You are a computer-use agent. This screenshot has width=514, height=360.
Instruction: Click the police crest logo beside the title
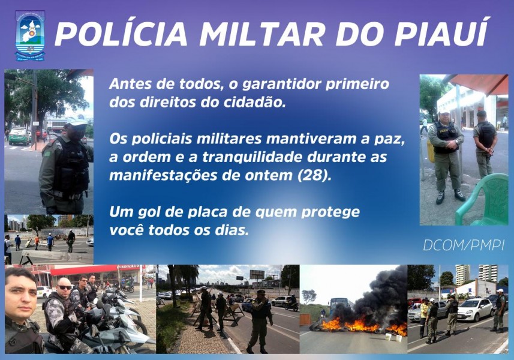coord(30,36)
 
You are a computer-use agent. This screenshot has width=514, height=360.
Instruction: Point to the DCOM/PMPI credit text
coord(464,245)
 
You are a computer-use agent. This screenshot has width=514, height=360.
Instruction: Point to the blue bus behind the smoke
coord(341,307)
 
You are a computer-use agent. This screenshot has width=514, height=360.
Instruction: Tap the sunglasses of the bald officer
coord(64,287)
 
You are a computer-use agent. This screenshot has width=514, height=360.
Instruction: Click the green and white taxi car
coord(19,136)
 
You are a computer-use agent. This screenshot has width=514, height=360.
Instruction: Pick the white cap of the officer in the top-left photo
coord(76,121)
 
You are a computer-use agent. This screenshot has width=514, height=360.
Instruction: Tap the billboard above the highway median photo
coord(257,274)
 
